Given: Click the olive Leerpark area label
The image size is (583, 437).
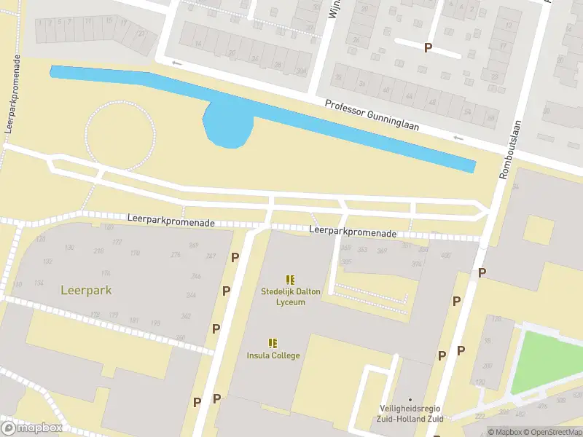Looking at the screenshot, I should [x=87, y=290].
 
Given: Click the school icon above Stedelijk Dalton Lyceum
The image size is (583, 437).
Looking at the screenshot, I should [x=290, y=280].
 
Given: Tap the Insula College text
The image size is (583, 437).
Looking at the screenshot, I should [x=272, y=355].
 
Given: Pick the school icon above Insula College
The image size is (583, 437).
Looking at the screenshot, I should [x=273, y=342].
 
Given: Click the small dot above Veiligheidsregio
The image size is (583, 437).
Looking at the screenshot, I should [x=410, y=400].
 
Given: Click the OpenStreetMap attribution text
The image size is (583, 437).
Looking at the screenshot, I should [x=550, y=431].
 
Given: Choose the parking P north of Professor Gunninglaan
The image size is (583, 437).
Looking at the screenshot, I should [x=428, y=47].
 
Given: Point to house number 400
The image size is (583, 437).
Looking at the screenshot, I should [x=445, y=255].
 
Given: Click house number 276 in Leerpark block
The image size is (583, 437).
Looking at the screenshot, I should [x=175, y=254].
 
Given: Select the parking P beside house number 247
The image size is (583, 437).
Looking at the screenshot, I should [x=235, y=257].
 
